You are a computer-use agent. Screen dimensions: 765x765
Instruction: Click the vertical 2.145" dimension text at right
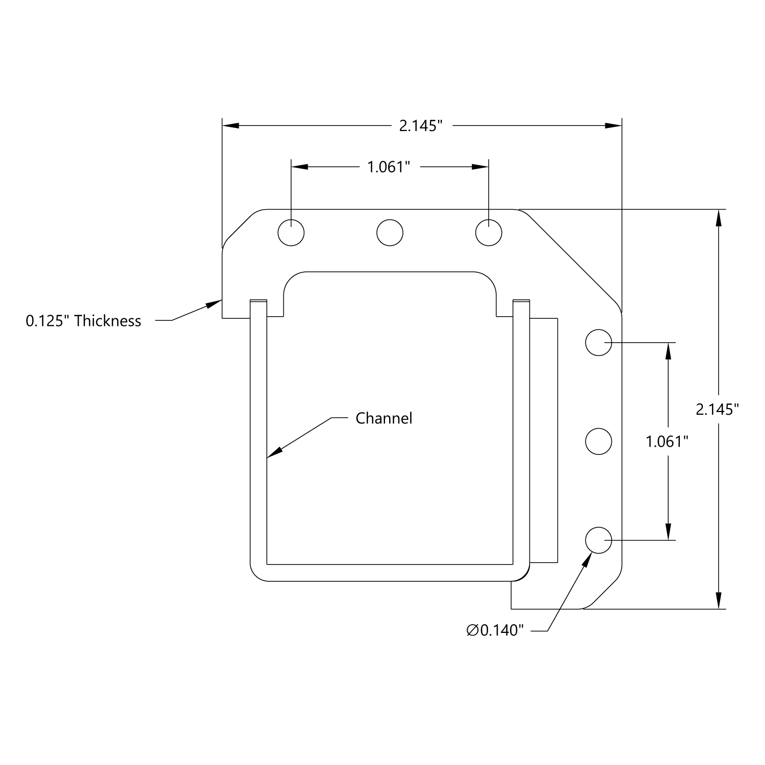tap(717, 409)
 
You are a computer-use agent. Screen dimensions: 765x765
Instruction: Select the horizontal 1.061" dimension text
tap(389, 167)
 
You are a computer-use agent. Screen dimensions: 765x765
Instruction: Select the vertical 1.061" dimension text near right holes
tap(667, 441)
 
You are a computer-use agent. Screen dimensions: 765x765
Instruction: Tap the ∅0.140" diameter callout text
tap(495, 630)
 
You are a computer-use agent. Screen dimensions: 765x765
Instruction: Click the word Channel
tap(384, 418)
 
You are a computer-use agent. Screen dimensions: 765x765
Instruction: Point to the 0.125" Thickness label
tap(84, 321)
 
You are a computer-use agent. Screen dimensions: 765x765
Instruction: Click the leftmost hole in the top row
tap(291, 233)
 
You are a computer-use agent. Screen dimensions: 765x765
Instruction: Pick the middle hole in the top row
tap(390, 233)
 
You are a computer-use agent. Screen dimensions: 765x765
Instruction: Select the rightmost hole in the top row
tap(489, 233)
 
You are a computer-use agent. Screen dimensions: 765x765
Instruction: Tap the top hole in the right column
tap(598, 342)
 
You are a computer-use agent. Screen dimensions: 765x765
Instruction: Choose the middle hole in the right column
tap(598, 441)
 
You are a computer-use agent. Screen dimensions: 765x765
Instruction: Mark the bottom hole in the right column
tap(598, 540)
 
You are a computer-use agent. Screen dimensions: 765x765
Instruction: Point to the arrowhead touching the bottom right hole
tap(587, 560)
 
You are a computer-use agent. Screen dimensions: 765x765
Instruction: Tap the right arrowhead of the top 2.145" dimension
tap(614, 125)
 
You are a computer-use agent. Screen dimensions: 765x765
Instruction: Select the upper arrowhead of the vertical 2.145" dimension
tap(719, 218)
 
